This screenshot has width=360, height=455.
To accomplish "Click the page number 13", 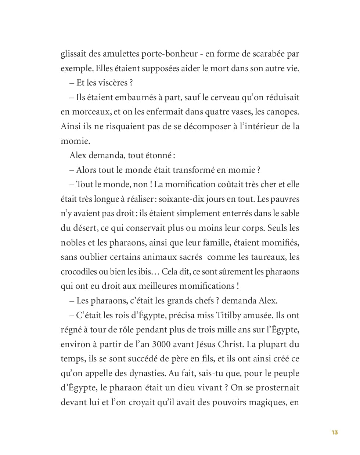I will [x=335, y=432].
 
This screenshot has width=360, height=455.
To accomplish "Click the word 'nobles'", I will [x=73, y=243].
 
